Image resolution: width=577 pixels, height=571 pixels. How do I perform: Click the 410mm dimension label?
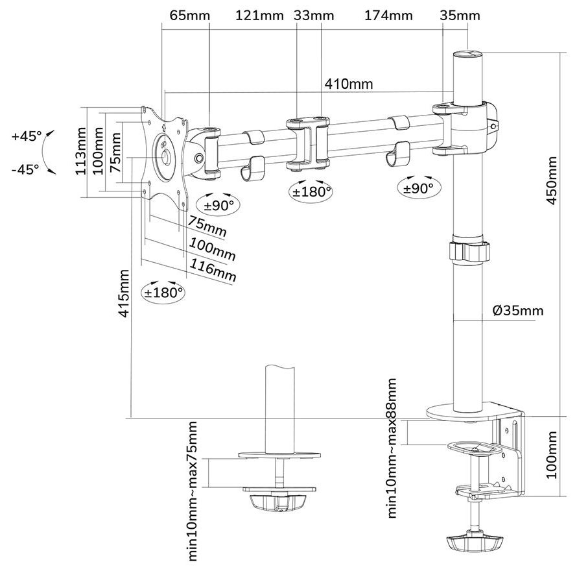click(349, 84)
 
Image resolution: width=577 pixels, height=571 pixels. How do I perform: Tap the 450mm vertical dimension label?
click(550, 180)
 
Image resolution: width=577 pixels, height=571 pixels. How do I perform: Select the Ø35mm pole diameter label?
click(518, 311)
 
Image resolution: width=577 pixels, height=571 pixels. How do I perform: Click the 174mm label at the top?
click(388, 16)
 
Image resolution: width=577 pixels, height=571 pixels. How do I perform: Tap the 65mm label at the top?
click(185, 16)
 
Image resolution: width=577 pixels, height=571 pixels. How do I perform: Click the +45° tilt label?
click(26, 136)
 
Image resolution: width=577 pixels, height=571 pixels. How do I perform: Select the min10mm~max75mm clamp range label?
click(193, 491)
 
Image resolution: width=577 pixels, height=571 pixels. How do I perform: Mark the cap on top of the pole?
click(468, 56)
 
